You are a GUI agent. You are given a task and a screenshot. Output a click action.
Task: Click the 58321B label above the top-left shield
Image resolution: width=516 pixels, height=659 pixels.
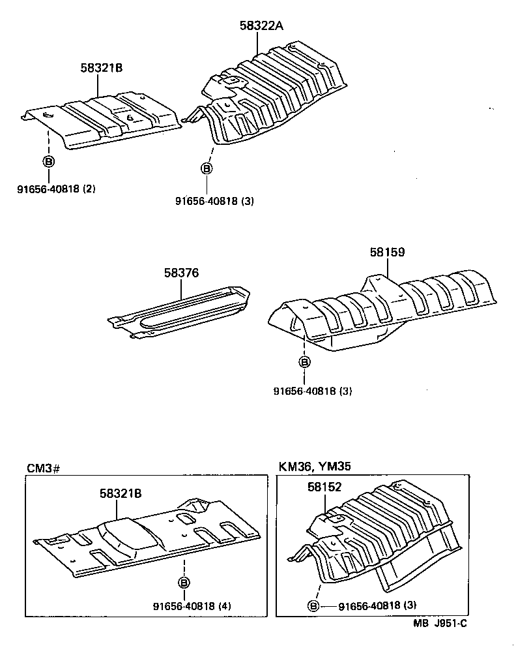point(102,67)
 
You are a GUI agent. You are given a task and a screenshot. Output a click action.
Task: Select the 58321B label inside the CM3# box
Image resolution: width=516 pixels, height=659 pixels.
point(121,493)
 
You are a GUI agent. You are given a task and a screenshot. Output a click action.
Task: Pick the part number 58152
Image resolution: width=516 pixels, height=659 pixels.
point(324,487)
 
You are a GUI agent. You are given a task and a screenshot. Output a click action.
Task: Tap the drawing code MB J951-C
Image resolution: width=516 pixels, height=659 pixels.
point(439,623)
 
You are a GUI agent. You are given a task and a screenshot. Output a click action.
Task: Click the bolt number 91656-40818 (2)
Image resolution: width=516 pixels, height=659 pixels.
point(57,189)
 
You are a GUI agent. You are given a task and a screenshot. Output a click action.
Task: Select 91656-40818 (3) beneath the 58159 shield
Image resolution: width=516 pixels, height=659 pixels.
point(313,391)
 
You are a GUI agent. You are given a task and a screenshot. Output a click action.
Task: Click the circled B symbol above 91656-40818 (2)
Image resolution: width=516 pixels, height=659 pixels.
point(49,161)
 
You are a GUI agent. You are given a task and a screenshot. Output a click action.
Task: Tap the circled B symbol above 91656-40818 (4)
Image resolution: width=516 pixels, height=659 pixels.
point(184,582)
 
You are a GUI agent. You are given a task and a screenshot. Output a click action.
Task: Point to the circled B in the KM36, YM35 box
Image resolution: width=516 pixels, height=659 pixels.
point(313,605)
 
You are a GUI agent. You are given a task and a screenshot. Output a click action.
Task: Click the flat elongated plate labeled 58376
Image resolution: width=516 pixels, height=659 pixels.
point(182,313)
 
